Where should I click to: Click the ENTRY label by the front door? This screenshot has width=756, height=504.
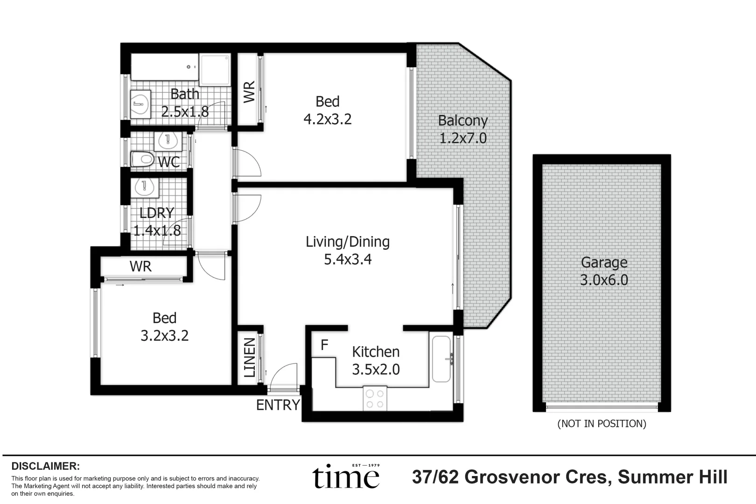coord(278,405)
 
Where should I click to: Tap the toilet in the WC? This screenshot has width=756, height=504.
coord(142,159)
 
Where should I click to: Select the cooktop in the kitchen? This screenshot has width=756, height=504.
coord(375,399)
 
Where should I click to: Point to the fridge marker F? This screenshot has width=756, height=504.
coord(324,345)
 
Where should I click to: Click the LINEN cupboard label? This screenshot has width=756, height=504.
coord(250,358)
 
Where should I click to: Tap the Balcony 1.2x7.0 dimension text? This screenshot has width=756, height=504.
coord(463,138)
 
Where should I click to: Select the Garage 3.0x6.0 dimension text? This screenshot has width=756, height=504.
coord(604,280)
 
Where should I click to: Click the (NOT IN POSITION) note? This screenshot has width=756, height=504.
coord(602,423)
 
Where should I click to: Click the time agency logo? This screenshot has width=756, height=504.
coord(346,476)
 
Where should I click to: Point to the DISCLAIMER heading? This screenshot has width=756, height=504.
coord(46,466)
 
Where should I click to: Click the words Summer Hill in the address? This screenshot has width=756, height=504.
coord(672,476)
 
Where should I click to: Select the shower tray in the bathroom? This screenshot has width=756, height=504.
coord(215,70)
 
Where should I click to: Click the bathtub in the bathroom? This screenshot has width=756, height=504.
coord(165,67)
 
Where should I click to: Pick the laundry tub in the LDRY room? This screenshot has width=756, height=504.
coord(145,188)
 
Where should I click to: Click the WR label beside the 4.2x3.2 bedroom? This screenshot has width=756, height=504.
coord(250,91)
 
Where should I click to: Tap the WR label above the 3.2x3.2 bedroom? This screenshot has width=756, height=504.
coord(141,266)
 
